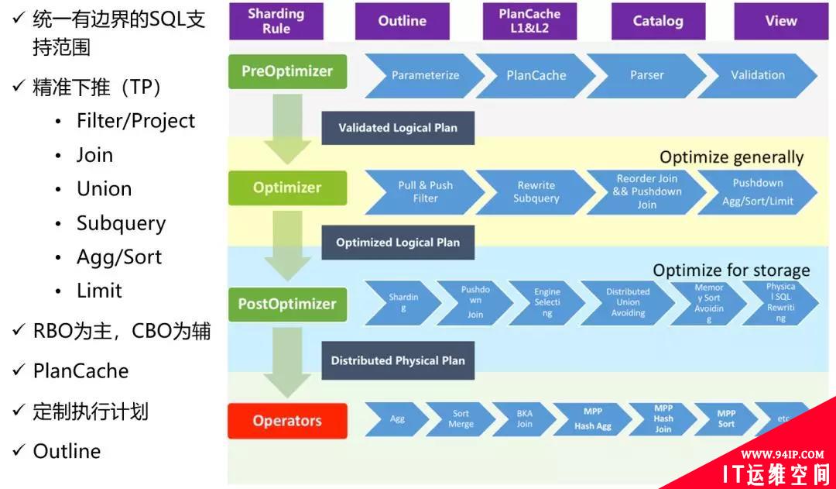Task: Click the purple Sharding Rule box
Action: [276, 21]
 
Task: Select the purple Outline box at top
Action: [402, 21]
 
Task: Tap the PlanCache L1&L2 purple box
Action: [529, 21]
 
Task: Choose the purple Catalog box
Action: [657, 21]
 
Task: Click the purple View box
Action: [780, 21]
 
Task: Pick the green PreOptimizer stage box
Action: [287, 71]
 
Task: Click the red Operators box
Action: [287, 421]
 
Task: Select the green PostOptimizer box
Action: [287, 304]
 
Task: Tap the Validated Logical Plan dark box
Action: [398, 128]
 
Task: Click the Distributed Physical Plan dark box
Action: [398, 360]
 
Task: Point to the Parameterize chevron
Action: [425, 75]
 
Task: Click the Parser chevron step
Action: [647, 75]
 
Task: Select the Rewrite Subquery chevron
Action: [536, 191]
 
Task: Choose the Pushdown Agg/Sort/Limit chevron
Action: [757, 191]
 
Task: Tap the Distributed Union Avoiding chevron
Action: [628, 302]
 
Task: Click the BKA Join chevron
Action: [525, 418]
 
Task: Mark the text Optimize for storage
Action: [731, 270]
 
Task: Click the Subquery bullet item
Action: [121, 223]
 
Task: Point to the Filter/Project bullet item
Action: [135, 121]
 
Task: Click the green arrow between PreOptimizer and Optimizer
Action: [287, 128]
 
